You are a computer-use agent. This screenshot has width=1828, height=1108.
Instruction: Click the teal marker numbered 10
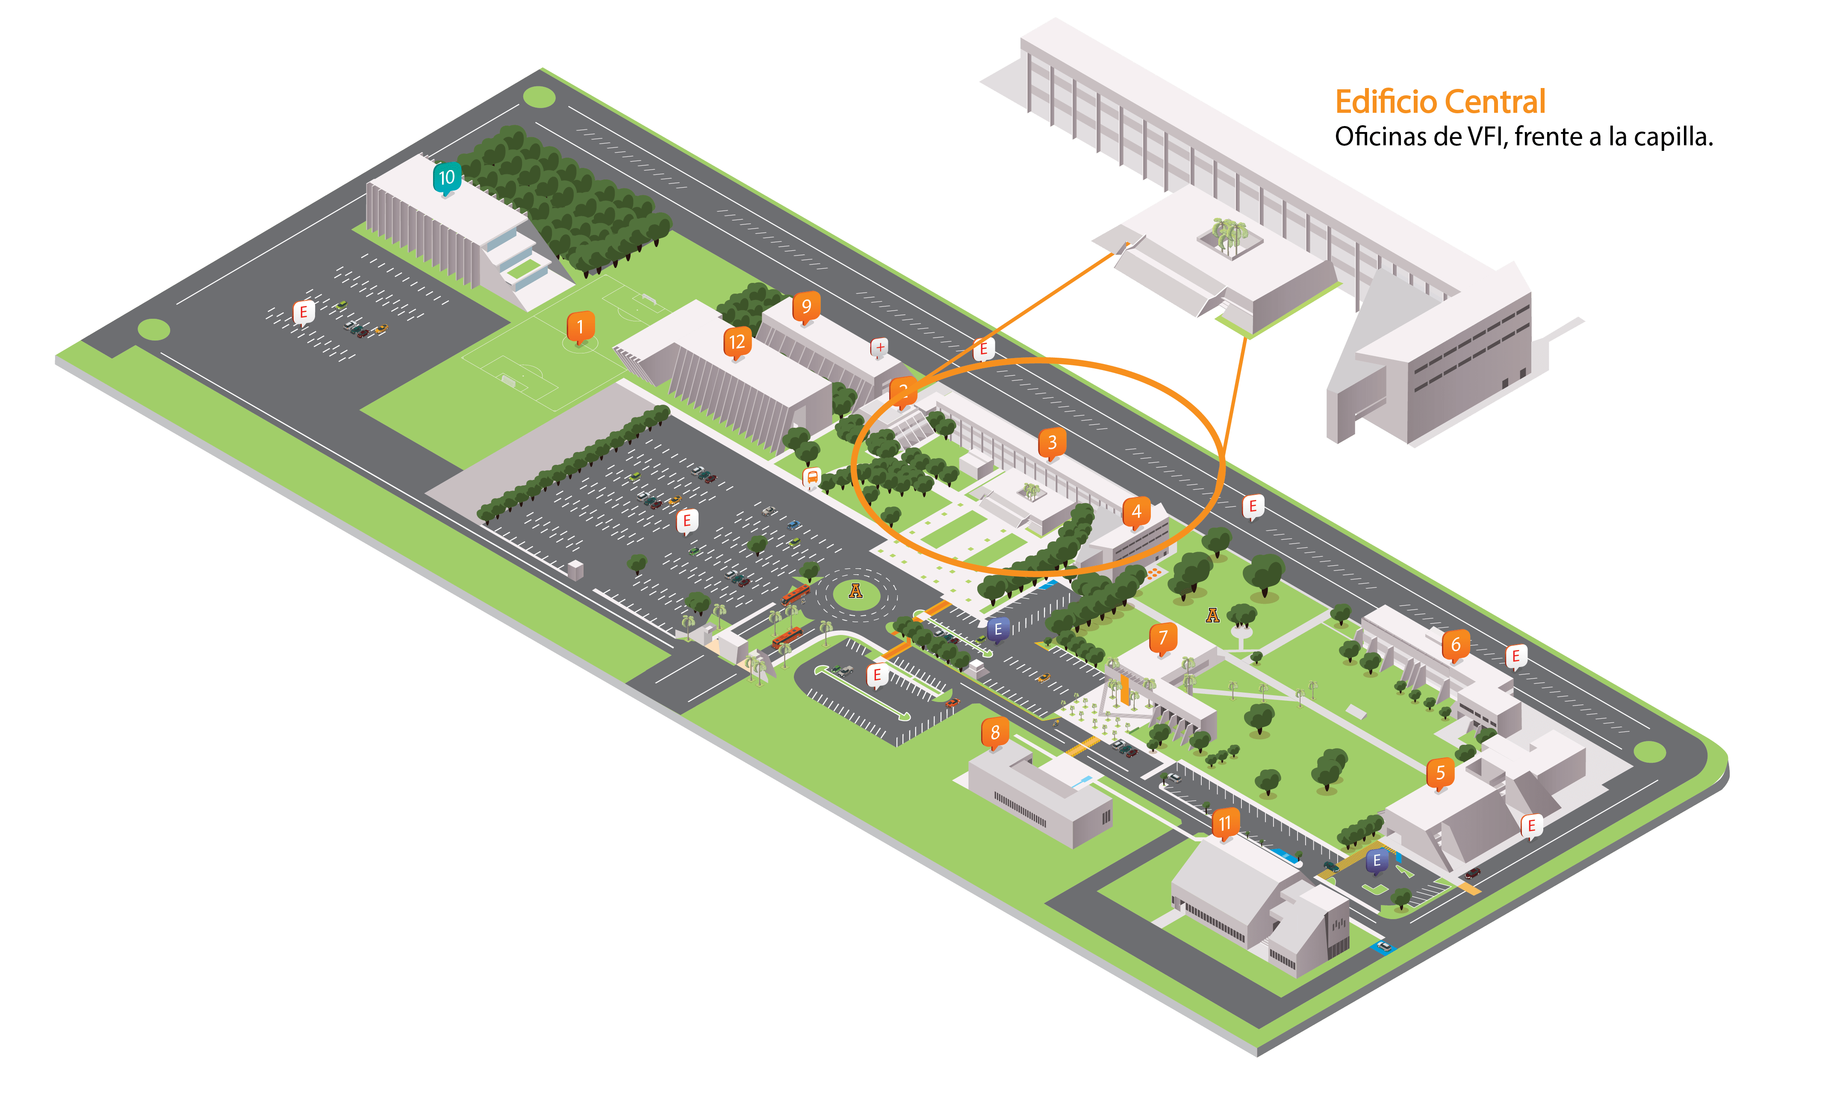pyautogui.click(x=447, y=178)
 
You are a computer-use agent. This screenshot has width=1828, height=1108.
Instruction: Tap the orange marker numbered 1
pyautogui.click(x=580, y=326)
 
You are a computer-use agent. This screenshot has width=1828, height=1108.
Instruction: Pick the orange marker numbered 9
pyautogui.click(x=806, y=306)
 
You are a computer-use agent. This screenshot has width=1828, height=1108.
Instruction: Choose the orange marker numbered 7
pyautogui.click(x=1162, y=638)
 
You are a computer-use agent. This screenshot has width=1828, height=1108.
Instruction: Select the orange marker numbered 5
pyautogui.click(x=1440, y=773)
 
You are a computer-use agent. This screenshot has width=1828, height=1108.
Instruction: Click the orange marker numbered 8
pyautogui.click(x=995, y=733)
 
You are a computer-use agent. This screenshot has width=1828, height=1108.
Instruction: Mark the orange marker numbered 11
pyautogui.click(x=1225, y=823)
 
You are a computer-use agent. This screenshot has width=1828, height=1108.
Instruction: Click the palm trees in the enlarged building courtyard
pyautogui.click(x=1228, y=234)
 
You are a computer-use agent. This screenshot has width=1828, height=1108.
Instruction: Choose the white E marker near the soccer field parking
pyautogui.click(x=304, y=312)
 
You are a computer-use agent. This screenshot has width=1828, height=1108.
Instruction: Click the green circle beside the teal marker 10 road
pyautogui.click(x=540, y=97)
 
